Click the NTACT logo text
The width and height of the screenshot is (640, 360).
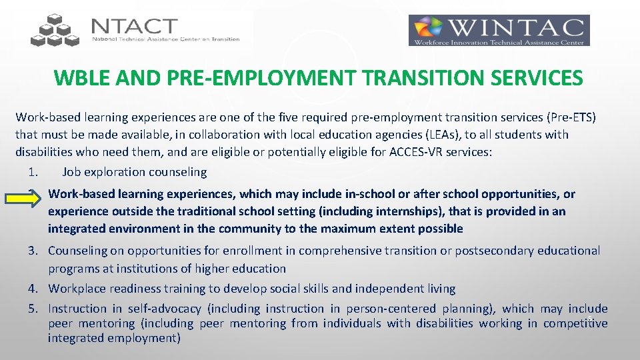[x=135, y=26]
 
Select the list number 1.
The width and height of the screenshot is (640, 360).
[x=32, y=172]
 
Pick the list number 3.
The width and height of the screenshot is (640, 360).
[x=32, y=251]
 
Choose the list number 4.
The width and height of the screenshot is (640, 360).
[x=32, y=289]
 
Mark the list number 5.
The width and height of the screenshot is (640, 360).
[x=32, y=309]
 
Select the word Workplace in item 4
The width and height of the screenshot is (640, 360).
[x=75, y=289]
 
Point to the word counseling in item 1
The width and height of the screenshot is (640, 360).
[x=178, y=172]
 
